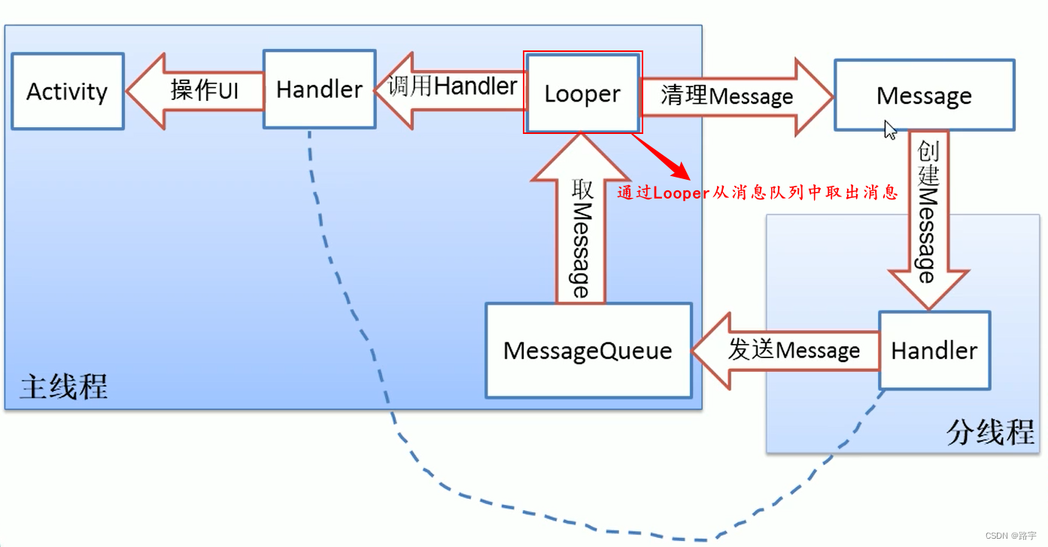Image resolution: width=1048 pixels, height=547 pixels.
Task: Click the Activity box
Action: coord(67,91)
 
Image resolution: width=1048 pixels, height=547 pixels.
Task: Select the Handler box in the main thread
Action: coord(319,90)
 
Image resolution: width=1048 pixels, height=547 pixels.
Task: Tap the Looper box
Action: coord(582,94)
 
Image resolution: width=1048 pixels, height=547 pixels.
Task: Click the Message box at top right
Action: coord(924,96)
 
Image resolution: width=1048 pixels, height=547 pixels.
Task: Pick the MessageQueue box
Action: coord(588,351)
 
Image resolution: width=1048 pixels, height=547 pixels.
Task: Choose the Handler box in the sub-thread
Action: coord(934,351)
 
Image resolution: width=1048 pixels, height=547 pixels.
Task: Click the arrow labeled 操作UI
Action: coord(196,91)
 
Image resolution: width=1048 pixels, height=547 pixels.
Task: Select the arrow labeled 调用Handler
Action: coord(451,88)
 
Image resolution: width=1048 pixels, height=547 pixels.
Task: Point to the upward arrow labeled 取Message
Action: coord(580,233)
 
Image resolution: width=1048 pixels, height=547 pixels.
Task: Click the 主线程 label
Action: coord(64,387)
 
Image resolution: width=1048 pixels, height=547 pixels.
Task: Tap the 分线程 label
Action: coord(989,433)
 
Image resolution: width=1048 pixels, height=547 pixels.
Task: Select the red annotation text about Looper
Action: coord(758,193)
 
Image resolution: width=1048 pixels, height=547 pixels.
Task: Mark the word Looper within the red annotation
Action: coord(681,193)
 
